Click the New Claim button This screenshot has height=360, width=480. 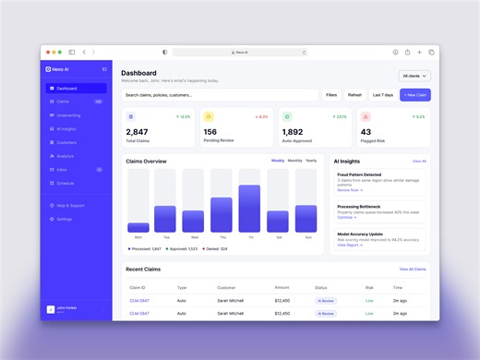pyautogui.click(x=414, y=95)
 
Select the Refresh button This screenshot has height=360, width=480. pyautogui.click(x=354, y=95)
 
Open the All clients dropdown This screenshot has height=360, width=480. pyautogui.click(x=414, y=76)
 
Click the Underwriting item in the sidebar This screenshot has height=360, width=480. pyautogui.click(x=68, y=115)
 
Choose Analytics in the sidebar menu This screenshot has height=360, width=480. pyautogui.click(x=65, y=156)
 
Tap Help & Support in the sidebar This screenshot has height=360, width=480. pyautogui.click(x=70, y=205)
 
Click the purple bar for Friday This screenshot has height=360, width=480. pyautogui.click(x=249, y=209)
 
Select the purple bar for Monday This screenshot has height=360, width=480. pyautogui.click(x=138, y=227)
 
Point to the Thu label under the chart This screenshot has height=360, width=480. pyautogui.click(x=222, y=237)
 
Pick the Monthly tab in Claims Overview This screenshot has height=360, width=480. pyautogui.click(x=294, y=161)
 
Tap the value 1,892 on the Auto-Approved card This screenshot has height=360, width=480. pyautogui.click(x=292, y=132)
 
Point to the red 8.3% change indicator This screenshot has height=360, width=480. pyautogui.click(x=261, y=117)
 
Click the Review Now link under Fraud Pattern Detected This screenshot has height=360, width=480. pyautogui.click(x=349, y=190)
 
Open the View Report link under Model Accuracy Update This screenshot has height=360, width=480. pyautogui.click(x=350, y=245)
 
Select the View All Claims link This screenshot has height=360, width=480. pyautogui.click(x=413, y=269)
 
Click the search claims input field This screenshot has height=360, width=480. pyautogui.click(x=220, y=95)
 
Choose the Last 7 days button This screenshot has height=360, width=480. pyautogui.click(x=382, y=95)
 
